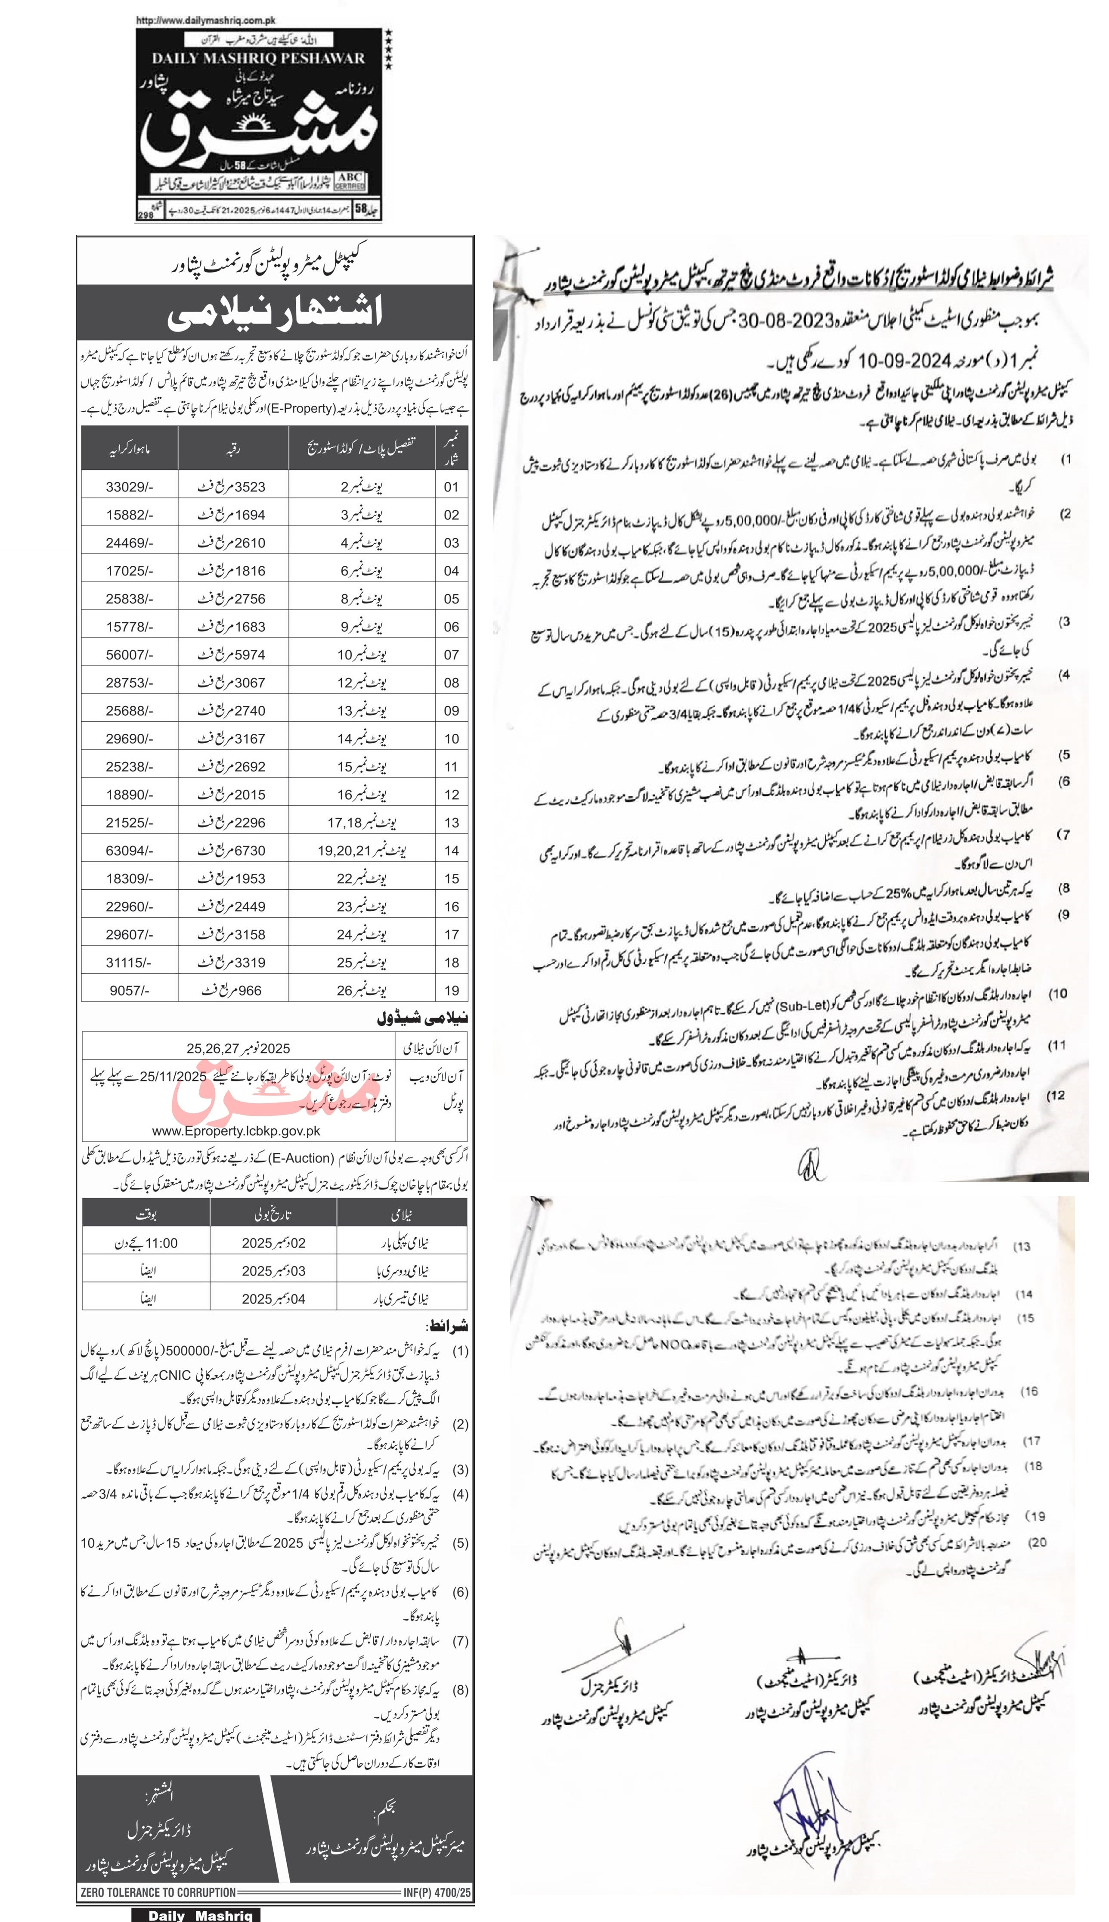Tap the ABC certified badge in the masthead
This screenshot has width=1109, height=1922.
350,180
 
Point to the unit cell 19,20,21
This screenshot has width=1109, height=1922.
353,850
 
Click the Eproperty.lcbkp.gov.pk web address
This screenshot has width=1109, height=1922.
236,1131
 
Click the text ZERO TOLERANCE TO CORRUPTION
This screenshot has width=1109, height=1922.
158,1891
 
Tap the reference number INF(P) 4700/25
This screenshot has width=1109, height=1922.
437,1891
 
